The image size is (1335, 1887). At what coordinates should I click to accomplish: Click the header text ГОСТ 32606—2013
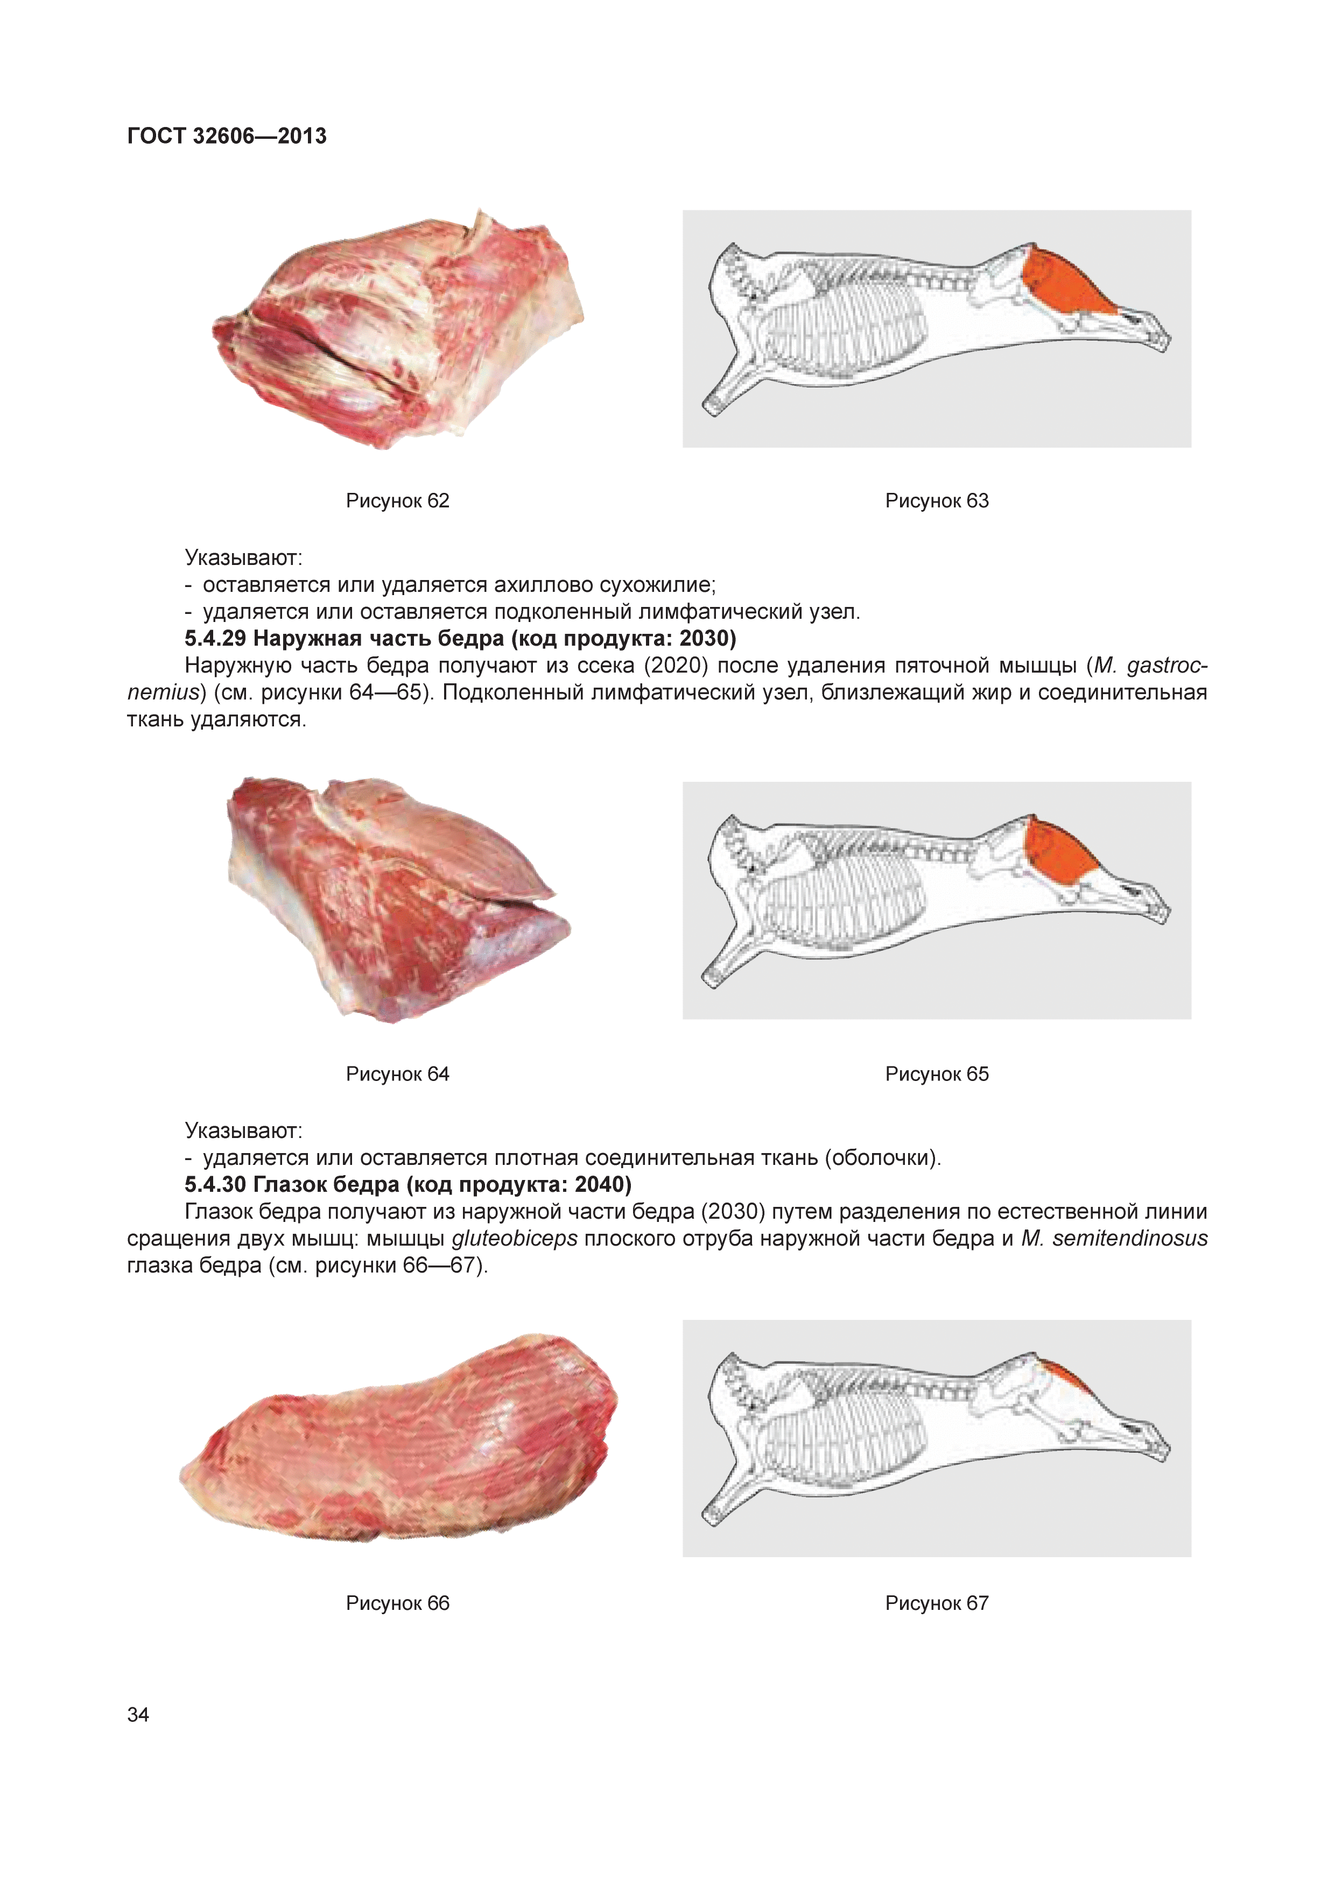(227, 136)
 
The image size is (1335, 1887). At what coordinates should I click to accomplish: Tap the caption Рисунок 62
(398, 500)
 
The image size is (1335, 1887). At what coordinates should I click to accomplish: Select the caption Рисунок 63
(937, 500)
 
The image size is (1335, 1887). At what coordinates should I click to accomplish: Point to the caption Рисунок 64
(398, 1073)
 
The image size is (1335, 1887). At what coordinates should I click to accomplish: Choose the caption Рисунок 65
(937, 1073)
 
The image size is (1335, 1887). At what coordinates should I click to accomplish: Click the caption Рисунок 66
(398, 1603)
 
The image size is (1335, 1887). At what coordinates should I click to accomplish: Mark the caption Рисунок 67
(937, 1603)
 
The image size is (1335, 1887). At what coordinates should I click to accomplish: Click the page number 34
(138, 1714)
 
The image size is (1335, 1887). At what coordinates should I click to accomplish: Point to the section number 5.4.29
(215, 639)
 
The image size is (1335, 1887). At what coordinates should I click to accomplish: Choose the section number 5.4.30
(215, 1184)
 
